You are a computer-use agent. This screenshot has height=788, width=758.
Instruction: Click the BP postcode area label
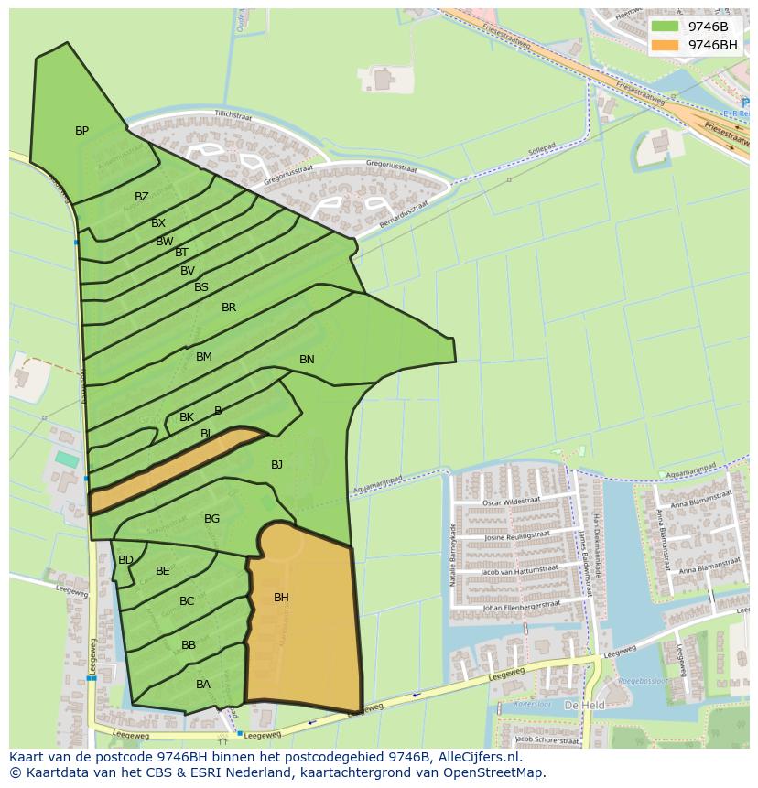(x=81, y=131)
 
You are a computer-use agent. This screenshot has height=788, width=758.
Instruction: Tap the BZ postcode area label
(x=141, y=197)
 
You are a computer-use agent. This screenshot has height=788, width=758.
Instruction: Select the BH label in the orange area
(x=281, y=598)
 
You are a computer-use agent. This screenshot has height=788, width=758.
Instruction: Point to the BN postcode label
(x=307, y=360)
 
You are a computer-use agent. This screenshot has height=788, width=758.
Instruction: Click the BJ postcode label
(x=276, y=465)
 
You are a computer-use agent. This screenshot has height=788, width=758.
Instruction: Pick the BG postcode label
(x=211, y=519)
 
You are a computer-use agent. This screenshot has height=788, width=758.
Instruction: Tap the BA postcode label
(x=203, y=685)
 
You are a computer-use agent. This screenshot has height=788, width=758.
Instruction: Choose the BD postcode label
(x=125, y=560)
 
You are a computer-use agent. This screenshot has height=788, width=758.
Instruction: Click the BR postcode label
(x=229, y=308)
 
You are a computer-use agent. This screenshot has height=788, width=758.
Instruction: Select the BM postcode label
(x=203, y=357)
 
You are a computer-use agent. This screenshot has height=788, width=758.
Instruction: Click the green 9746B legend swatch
(x=666, y=27)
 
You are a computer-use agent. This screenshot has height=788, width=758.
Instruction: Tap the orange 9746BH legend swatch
(x=666, y=45)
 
